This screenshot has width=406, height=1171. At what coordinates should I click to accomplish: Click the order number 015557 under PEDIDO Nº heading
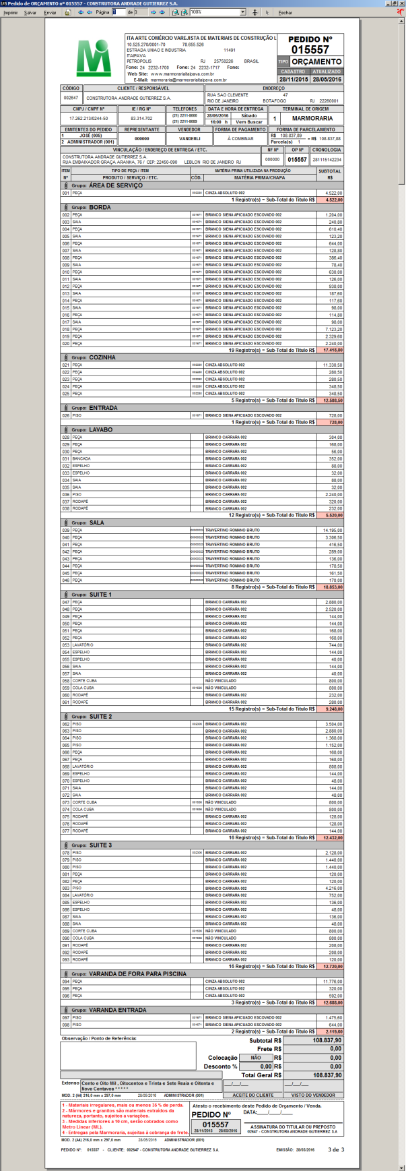(x=310, y=50)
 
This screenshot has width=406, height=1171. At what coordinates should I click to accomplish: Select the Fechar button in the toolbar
(x=285, y=12)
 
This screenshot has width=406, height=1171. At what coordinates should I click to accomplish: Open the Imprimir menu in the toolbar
(x=10, y=12)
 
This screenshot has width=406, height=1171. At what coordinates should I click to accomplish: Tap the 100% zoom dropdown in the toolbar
(x=217, y=12)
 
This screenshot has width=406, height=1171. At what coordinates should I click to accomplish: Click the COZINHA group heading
(x=102, y=357)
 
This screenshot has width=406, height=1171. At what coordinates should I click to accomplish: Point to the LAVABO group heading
(x=100, y=429)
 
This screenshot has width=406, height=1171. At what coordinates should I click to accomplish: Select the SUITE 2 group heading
(x=100, y=717)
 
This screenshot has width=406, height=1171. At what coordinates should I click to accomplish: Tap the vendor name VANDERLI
(x=189, y=138)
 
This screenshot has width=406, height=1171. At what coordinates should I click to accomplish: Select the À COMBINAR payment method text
(x=240, y=138)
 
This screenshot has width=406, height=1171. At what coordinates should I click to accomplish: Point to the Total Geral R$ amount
(x=327, y=1075)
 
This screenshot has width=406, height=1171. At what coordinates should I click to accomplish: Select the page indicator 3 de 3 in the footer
(x=335, y=1149)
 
